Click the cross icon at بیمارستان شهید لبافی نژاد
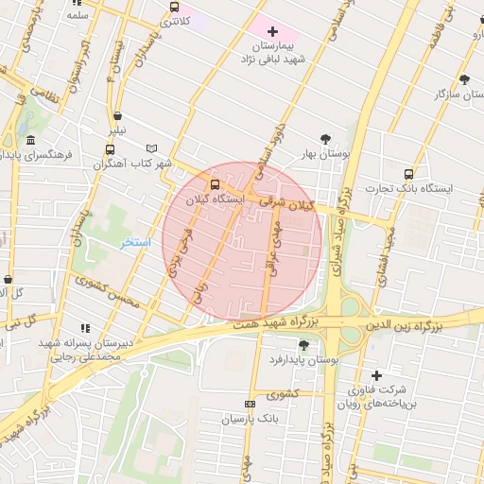point(273,31)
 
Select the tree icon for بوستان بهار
point(326,138)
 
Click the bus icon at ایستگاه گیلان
point(215,184)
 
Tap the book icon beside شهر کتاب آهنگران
point(152,148)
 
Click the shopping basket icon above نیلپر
point(111,115)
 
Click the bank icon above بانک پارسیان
point(250,404)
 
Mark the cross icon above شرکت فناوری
point(376,375)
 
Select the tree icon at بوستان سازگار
point(463,79)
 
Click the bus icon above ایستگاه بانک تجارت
point(408,174)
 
